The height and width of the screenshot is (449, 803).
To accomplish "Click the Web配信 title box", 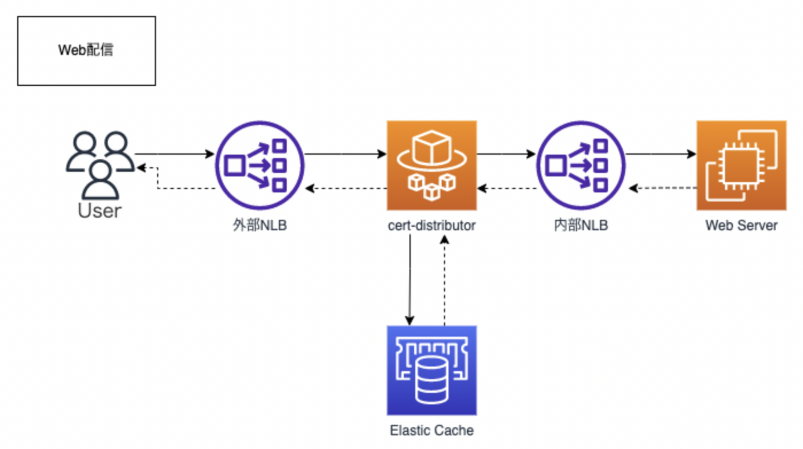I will (86, 51).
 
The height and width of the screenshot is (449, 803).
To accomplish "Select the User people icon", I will (100, 164).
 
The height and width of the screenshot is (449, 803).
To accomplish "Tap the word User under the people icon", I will (99, 211).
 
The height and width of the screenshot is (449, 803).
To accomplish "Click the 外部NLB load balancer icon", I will (260, 165).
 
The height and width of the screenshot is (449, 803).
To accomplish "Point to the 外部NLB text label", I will (260, 226).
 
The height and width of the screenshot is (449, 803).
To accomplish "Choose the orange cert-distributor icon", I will (432, 165).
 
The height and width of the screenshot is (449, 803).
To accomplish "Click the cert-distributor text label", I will (432, 226).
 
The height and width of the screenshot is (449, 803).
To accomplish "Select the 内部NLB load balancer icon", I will (581, 165).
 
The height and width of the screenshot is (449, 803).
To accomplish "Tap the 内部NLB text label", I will (581, 226).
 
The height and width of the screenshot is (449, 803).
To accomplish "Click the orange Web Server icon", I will (741, 165).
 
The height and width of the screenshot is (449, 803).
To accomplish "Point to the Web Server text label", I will (741, 226).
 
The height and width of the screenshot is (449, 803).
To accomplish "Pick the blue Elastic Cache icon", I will (432, 370).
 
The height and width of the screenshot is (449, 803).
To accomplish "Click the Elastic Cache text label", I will (432, 431).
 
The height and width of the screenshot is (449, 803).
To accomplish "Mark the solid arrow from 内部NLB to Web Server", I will (661, 154).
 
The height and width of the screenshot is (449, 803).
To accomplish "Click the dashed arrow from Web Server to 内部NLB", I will (662, 189).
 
